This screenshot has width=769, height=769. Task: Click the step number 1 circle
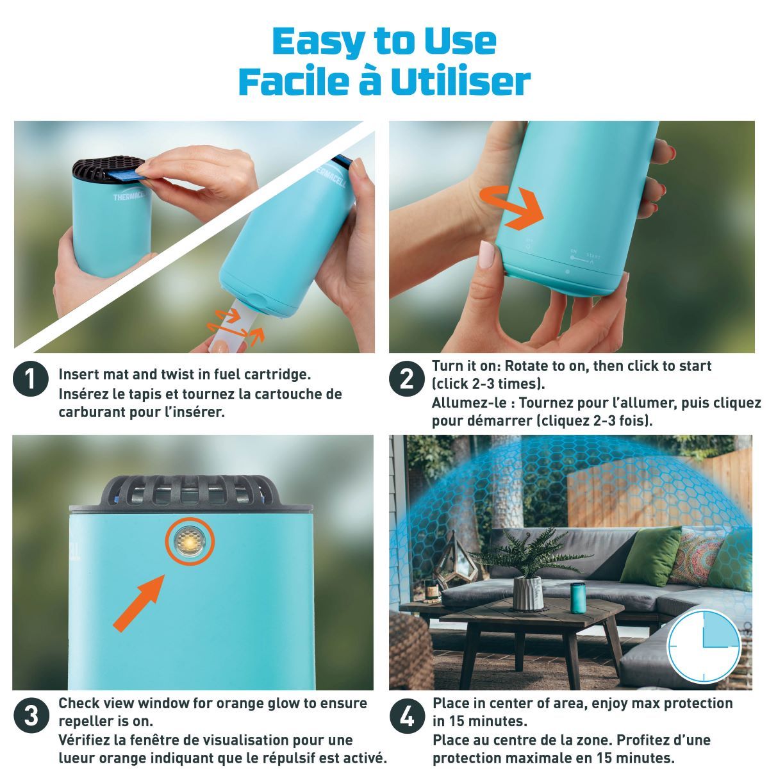(31, 381)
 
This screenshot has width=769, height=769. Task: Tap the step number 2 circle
(406, 380)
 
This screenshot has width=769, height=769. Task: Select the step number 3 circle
(31, 716)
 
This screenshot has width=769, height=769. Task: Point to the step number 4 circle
(406, 716)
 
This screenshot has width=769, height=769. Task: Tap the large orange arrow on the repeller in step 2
(517, 208)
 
